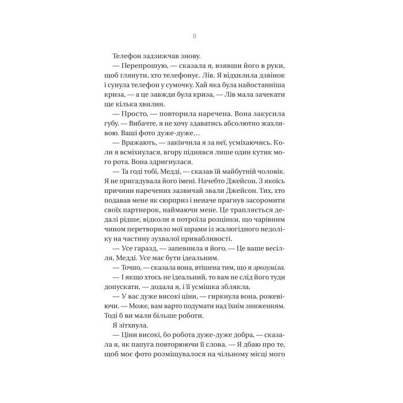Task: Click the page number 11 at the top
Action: point(195,36)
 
